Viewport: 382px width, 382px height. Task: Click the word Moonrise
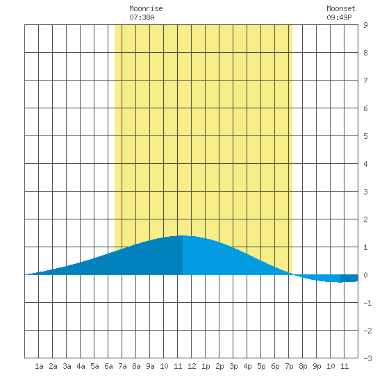146,8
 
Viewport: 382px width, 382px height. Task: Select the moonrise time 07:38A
142,17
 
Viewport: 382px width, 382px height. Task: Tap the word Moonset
341,8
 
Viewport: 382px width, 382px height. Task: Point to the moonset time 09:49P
339,17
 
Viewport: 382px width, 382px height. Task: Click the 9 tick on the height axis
365,25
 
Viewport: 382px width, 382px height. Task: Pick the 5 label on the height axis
365,136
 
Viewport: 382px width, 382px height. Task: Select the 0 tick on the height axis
365,275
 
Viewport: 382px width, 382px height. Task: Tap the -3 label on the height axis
367,358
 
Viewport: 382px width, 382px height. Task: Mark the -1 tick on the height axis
367,303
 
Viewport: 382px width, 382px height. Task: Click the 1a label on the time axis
39,366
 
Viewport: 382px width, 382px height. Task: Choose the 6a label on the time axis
108,366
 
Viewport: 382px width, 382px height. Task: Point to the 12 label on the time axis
192,366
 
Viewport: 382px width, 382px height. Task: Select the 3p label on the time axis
233,366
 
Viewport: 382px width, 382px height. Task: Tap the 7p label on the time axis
289,366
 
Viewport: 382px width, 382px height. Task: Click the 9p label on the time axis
317,366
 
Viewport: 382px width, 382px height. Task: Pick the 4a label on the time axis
81,366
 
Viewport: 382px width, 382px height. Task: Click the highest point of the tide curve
182,235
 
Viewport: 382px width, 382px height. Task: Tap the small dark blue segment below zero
349,279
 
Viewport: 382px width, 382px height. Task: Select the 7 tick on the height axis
365,81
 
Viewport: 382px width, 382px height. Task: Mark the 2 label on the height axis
365,219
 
